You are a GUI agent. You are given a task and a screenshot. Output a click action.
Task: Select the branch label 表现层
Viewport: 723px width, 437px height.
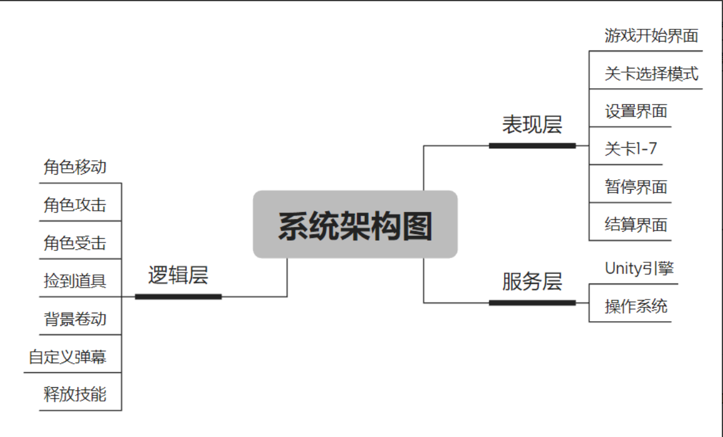tap(532, 125)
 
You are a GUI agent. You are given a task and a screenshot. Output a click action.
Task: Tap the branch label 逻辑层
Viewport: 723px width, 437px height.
tap(178, 275)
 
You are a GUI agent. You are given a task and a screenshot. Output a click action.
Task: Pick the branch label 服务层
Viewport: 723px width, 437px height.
tap(532, 282)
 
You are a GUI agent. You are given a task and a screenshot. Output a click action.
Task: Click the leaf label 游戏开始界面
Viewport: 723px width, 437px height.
tap(652, 35)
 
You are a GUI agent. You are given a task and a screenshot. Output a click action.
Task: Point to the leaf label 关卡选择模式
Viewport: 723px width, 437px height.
tap(652, 74)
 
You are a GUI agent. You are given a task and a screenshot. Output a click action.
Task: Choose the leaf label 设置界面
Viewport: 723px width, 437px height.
tap(636, 112)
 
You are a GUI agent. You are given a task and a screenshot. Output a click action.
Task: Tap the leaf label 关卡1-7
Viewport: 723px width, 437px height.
tap(631, 149)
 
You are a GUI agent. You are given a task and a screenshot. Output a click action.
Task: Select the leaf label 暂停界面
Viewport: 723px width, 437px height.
tap(636, 187)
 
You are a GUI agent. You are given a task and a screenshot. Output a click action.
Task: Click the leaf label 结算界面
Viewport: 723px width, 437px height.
tap(636, 225)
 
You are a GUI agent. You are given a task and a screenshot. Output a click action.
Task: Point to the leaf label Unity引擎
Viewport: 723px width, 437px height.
tap(640, 268)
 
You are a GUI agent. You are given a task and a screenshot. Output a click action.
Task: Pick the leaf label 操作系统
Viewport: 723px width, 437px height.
tap(636, 306)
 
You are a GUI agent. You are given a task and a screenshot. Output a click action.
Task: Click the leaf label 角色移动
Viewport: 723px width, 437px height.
tap(75, 167)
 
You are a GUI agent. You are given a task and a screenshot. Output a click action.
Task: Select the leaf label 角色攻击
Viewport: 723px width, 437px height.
tap(75, 205)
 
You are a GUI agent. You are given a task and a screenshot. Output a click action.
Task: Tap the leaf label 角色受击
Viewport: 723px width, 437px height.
tap(75, 243)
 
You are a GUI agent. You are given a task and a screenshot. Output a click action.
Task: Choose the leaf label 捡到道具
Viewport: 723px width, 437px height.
tap(75, 281)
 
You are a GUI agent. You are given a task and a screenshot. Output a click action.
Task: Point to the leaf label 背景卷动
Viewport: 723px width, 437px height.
tap(75, 319)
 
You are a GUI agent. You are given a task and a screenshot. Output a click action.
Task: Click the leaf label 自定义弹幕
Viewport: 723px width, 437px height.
tap(67, 357)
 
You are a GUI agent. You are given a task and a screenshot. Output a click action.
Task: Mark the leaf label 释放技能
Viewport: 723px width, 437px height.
tap(75, 394)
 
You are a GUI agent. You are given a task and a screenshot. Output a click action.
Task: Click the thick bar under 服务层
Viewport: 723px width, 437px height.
tap(532, 303)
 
